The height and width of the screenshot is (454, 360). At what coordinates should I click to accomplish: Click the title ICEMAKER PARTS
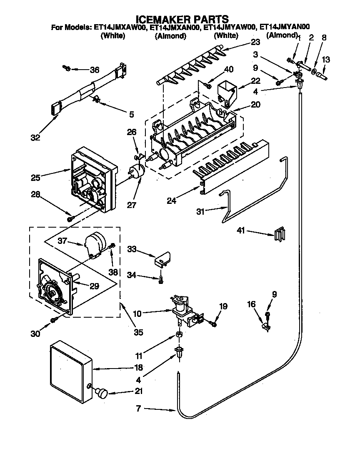182,19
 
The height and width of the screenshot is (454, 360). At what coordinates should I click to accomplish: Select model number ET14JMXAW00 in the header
120,28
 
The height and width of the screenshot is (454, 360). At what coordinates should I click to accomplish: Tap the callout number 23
255,42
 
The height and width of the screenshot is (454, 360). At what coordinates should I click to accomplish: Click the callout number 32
35,138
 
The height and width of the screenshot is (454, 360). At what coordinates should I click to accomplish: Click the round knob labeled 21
101,392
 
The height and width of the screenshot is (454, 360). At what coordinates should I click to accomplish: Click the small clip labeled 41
279,234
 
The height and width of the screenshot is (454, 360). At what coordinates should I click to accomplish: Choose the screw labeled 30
54,319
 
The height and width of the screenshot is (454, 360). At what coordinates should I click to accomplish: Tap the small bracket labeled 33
163,259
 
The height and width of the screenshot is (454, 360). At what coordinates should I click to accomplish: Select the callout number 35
138,332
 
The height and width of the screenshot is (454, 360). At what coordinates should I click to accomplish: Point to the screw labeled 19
213,322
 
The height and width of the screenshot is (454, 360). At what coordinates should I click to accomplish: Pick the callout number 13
326,60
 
